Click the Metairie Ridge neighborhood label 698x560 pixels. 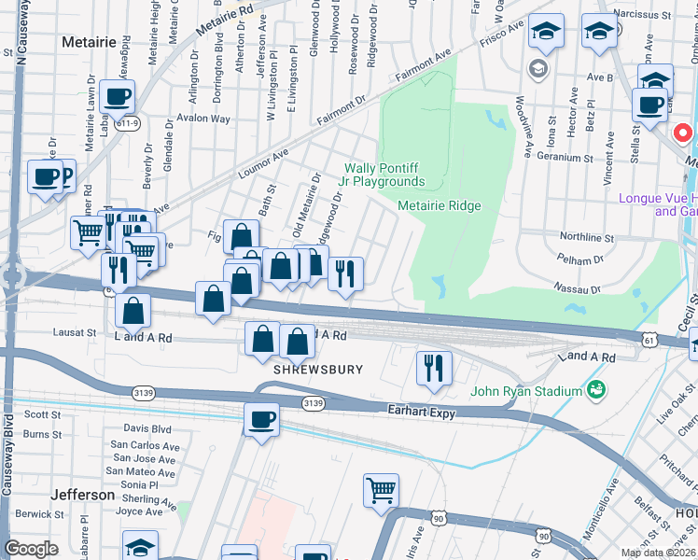[439, 205]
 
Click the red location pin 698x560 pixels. [683, 134]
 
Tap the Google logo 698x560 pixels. [31, 549]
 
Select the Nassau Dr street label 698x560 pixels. [575, 288]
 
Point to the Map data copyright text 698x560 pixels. [658, 553]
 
